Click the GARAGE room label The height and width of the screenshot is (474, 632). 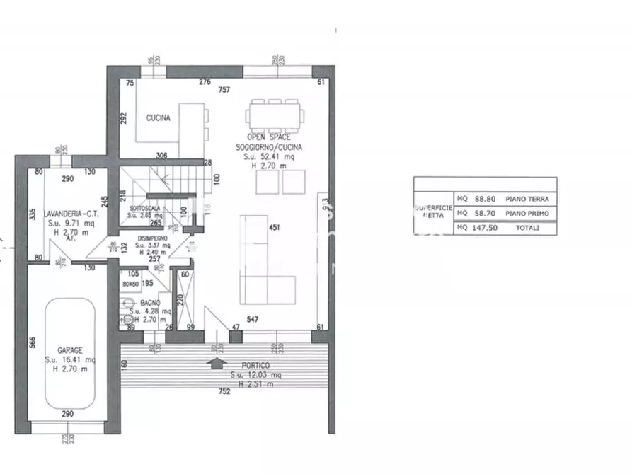(x=70, y=349)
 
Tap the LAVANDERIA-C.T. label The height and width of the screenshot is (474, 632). (x=69, y=213)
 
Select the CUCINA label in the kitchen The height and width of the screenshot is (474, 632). (x=158, y=118)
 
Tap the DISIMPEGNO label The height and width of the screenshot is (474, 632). (x=153, y=238)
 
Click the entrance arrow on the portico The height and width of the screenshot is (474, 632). (x=216, y=363)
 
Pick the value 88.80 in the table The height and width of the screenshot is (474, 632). (x=483, y=200)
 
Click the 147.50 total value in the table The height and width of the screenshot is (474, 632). (x=483, y=228)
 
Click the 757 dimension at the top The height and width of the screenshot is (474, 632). (x=224, y=90)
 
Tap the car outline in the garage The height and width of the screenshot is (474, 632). (x=70, y=354)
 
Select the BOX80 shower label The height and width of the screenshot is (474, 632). (x=130, y=283)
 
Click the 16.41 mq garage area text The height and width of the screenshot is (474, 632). (x=70, y=359)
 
